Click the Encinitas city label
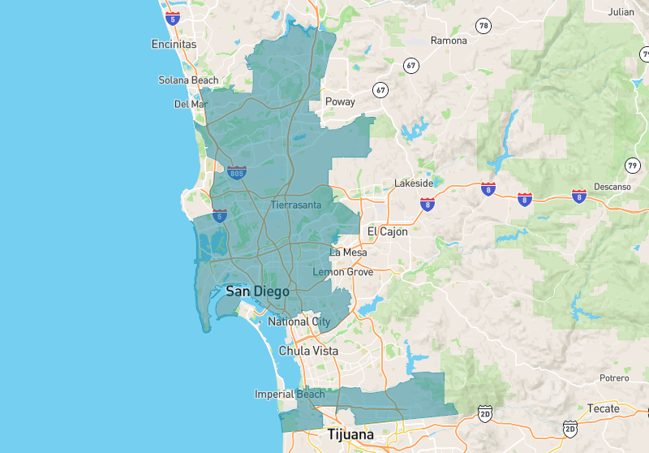174,45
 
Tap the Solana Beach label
188,80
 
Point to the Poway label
340,102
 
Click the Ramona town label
449,41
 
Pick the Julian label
621,12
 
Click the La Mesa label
348,252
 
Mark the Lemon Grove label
343,272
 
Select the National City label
299,322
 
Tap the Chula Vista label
308,352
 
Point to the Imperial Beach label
290,395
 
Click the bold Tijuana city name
350,435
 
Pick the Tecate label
603,408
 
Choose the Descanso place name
612,187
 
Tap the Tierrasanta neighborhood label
296,205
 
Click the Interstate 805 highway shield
237,172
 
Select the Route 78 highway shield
484,26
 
